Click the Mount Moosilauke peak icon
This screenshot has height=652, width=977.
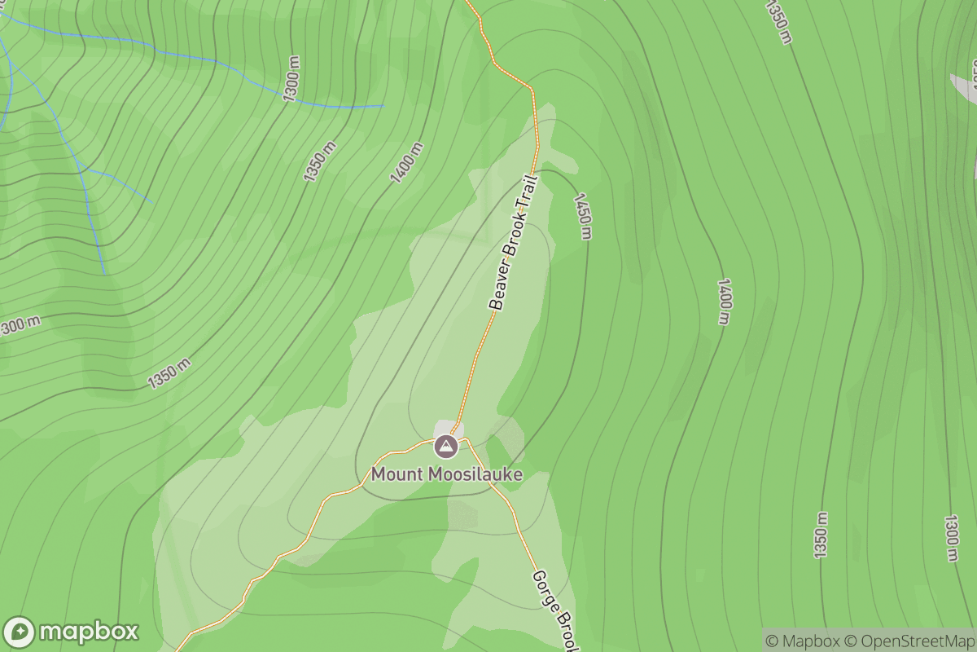(445, 446)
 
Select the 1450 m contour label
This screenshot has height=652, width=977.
(582, 216)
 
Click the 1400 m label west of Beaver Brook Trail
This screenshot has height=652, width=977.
(407, 162)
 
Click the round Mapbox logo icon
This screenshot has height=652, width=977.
(20, 632)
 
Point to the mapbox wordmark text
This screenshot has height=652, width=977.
(89, 632)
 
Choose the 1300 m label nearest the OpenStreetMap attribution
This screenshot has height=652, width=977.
(951, 538)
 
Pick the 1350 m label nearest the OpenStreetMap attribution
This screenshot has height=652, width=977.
(821, 535)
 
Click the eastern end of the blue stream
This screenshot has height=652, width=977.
(383, 105)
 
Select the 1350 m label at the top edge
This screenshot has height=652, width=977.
(778, 20)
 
